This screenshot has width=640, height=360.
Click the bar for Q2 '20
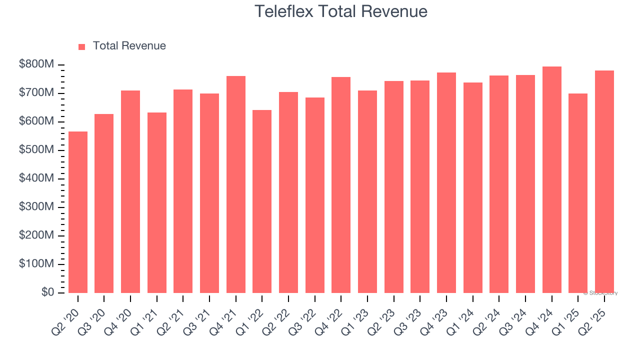click(78, 212)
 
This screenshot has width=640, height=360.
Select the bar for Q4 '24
click(552, 179)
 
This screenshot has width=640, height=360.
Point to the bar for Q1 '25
click(578, 193)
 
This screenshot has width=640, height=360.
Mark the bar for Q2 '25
click(604, 181)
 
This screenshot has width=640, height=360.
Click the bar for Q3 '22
click(315, 195)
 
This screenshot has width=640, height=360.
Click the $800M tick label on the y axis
click(36, 64)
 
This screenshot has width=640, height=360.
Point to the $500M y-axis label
click(36, 150)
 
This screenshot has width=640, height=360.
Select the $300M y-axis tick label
click(36, 207)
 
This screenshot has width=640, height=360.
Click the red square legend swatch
click(82, 46)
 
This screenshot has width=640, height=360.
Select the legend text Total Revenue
click(129, 46)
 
